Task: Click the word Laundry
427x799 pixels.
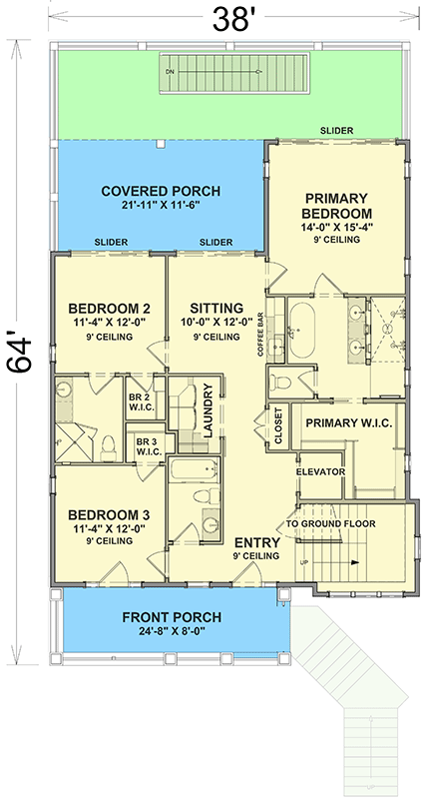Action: coord(208,410)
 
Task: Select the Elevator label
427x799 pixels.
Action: coord(320,471)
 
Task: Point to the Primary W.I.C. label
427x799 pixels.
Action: coord(348,422)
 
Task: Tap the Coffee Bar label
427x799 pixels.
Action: coord(260,335)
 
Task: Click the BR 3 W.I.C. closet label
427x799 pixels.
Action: coord(149,445)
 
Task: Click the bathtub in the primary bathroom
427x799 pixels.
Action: coord(302,330)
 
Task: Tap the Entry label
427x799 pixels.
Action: coord(257,547)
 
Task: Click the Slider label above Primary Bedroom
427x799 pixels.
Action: coord(336,131)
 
